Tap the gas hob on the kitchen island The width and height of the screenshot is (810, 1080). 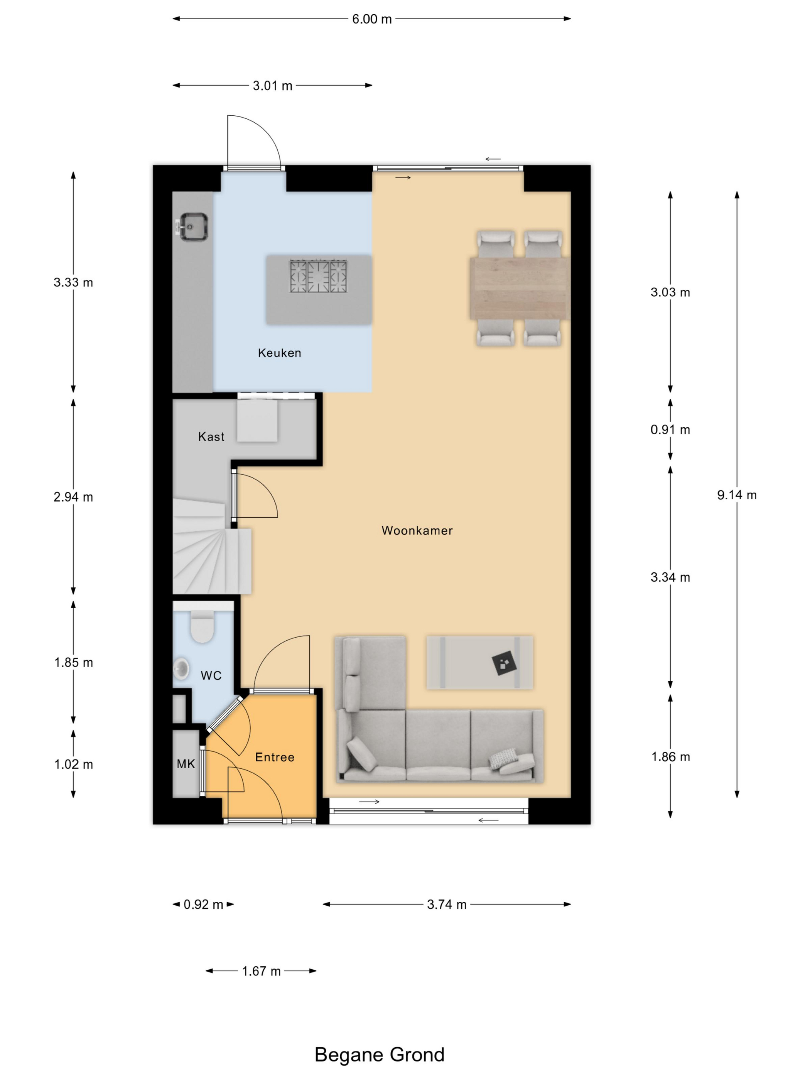click(x=318, y=276)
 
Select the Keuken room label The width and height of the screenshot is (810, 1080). click(x=279, y=353)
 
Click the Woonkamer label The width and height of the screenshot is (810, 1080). click(x=417, y=531)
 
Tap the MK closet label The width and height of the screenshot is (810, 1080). click(x=186, y=764)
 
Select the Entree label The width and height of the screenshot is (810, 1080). click(x=275, y=757)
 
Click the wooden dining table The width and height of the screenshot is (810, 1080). click(x=520, y=289)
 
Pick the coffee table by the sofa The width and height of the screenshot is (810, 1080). click(x=479, y=663)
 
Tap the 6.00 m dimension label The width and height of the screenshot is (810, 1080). click(x=372, y=19)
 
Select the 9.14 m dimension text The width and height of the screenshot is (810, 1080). click(x=737, y=495)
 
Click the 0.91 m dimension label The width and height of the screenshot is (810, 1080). click(x=670, y=430)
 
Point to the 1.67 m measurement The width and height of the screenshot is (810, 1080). click(x=261, y=971)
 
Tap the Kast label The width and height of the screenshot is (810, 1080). click(x=211, y=437)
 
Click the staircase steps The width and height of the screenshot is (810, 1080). click(x=212, y=545)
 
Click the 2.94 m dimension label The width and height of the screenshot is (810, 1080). click(x=73, y=497)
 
